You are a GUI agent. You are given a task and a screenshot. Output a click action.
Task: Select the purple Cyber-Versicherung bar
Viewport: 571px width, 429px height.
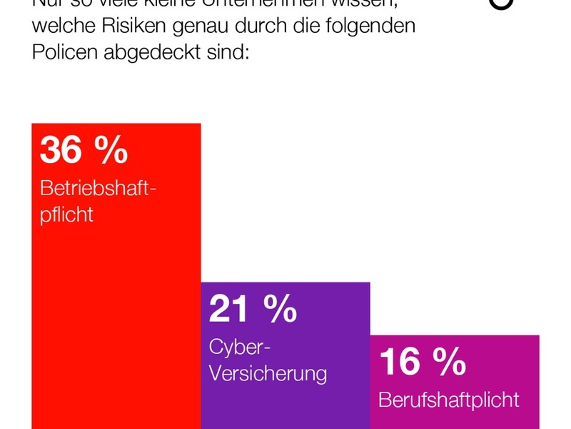(x=285, y=400)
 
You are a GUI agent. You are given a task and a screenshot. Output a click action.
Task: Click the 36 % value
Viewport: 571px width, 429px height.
(x=84, y=150)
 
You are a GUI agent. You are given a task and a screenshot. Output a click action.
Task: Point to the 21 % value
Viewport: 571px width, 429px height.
(x=253, y=309)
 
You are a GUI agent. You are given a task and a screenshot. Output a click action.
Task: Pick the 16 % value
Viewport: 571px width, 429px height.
(x=423, y=362)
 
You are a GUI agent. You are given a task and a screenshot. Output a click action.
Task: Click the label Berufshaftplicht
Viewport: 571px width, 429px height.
(x=449, y=399)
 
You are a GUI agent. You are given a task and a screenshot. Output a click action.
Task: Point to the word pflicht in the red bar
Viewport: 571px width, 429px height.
(x=66, y=214)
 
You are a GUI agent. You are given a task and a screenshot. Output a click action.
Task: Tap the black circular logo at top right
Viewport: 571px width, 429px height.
(x=502, y=4)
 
